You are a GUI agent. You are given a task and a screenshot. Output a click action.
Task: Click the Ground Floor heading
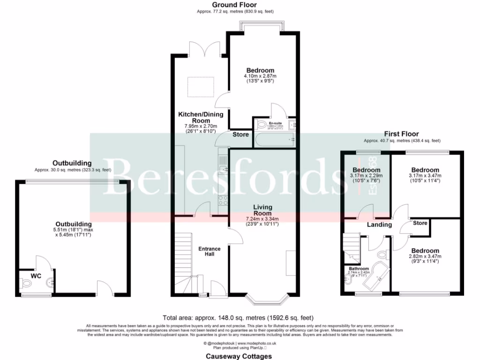234,5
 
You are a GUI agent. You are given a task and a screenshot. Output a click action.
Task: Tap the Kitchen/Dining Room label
200,117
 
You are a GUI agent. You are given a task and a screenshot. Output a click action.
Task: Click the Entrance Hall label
206,251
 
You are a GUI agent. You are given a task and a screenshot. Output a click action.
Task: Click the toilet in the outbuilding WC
26,283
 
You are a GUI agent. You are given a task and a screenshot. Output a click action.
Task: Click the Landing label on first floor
379,225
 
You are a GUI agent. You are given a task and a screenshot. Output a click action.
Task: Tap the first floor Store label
420,223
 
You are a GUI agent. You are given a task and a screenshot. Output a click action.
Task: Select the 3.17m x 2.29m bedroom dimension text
367,176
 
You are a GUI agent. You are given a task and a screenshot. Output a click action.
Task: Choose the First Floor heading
401,134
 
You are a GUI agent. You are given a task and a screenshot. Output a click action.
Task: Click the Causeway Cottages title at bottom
239,356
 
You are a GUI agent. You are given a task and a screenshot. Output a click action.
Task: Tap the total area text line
238,317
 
